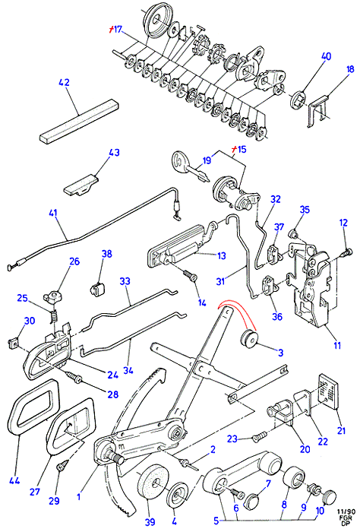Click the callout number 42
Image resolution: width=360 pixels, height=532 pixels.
tap(64, 83)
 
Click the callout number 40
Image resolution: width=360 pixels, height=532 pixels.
tap(325, 56)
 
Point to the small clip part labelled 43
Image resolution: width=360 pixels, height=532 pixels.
tap(81, 185)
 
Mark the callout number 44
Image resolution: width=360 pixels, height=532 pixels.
tap(14, 481)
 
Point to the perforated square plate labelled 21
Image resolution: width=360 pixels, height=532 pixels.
tap(328, 391)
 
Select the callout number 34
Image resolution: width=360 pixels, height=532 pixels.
tap(128, 371)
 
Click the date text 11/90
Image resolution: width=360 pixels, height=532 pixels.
tap(346, 511)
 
